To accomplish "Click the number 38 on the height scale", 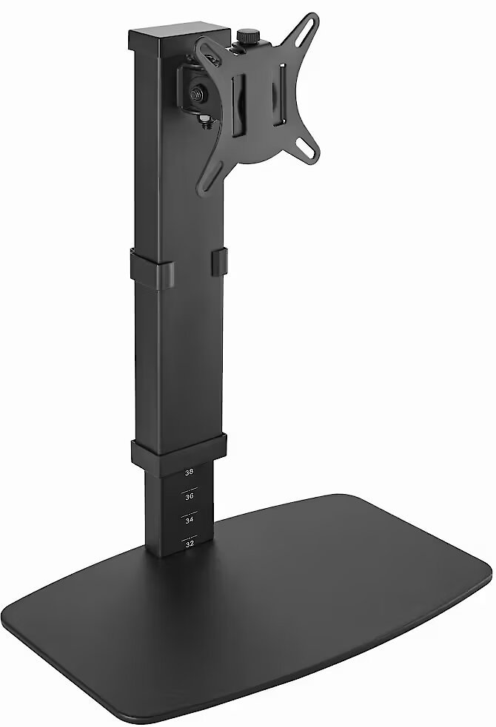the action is tap(190, 473).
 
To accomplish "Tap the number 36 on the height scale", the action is tap(190, 496).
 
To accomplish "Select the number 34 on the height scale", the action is tap(190, 521).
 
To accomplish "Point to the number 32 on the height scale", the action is tap(190, 544).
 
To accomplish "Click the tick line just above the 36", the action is tap(190, 489).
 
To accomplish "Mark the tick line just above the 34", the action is tap(190, 513).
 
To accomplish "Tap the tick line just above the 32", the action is tap(190, 537).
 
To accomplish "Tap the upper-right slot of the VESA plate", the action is tap(309, 23).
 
